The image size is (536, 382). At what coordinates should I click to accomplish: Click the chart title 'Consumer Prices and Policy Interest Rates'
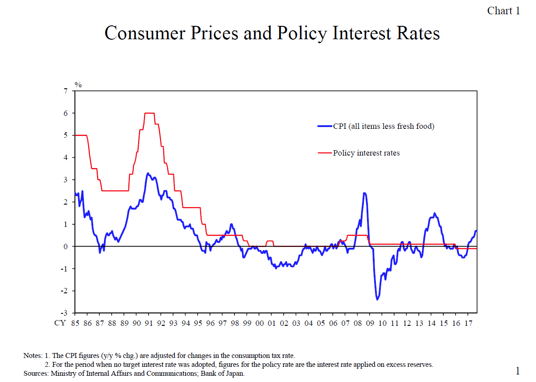pyautogui.click(x=272, y=33)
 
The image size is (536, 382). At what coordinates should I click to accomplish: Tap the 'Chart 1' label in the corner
pyautogui.click(x=503, y=11)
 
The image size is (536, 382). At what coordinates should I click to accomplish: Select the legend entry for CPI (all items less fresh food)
pyautogui.click(x=383, y=126)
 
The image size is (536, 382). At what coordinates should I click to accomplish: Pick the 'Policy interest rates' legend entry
pyautogui.click(x=366, y=153)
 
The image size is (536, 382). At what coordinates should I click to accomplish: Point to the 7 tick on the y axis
pyautogui.click(x=66, y=91)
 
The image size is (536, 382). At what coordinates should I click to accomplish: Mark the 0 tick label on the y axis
pyautogui.click(x=66, y=246)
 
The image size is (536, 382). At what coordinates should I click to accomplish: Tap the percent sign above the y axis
pyautogui.click(x=78, y=84)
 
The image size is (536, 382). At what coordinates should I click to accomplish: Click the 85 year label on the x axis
pyautogui.click(x=75, y=323)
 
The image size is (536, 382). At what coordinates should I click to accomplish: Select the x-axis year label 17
pyautogui.click(x=468, y=323)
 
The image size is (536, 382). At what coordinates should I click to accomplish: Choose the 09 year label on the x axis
pyautogui.click(x=370, y=323)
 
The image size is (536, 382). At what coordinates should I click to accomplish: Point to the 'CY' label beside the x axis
pyautogui.click(x=60, y=323)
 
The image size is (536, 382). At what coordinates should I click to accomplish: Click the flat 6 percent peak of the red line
pyautogui.click(x=149, y=113)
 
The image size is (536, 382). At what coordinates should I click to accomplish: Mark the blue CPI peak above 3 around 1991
pyautogui.click(x=148, y=173)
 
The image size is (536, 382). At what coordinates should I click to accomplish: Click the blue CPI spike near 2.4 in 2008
pyautogui.click(x=364, y=193)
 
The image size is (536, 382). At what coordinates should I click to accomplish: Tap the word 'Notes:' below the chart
pyautogui.click(x=33, y=356)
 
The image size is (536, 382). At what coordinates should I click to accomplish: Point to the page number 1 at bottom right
pyautogui.click(x=517, y=370)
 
